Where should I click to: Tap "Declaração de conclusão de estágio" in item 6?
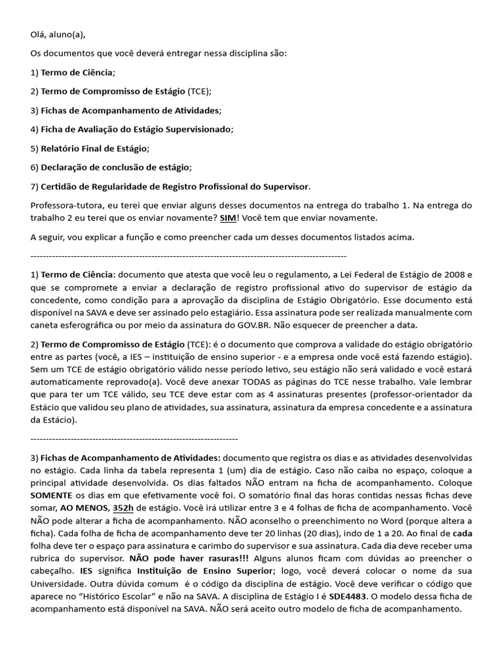click(115, 167)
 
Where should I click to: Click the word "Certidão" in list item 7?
click(58, 186)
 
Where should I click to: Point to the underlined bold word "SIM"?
click(227, 218)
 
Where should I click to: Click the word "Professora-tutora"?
click(65, 205)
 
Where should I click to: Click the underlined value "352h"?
click(123, 508)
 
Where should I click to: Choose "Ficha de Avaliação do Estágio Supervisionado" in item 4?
click(136, 129)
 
